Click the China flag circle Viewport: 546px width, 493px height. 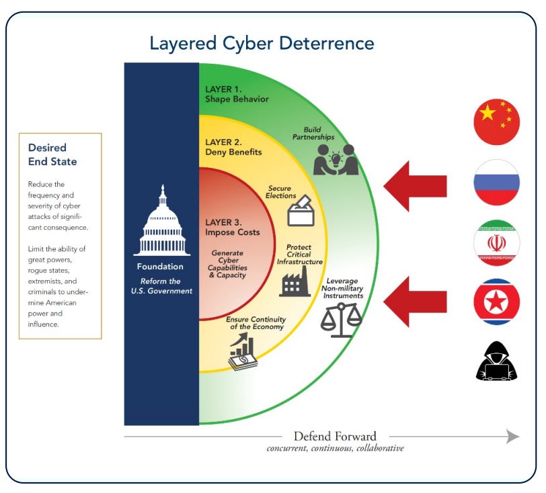click(x=497, y=122)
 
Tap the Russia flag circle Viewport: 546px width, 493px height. click(x=497, y=182)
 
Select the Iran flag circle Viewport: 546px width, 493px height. click(x=497, y=242)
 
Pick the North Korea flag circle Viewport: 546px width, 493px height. click(x=497, y=303)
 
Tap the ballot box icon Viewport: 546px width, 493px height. click(x=300, y=212)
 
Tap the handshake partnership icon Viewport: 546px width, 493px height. click(x=336, y=159)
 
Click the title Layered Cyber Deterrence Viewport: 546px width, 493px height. click(x=262, y=44)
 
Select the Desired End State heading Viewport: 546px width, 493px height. click(x=52, y=154)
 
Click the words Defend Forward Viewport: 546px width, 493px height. click(x=335, y=436)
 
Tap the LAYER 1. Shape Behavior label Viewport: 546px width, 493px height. click(x=237, y=93)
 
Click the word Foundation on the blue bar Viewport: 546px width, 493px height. click(x=161, y=266)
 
